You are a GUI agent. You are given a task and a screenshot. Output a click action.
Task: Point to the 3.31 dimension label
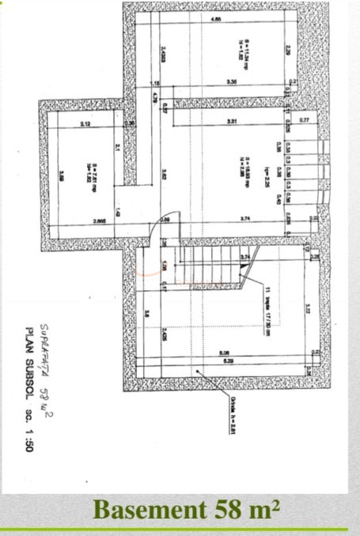click(x=232, y=121)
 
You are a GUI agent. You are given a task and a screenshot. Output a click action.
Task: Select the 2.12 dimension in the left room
click(x=85, y=125)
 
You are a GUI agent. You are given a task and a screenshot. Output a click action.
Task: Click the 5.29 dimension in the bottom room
click(x=229, y=361)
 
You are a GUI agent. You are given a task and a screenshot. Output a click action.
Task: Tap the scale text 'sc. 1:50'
click(x=29, y=435)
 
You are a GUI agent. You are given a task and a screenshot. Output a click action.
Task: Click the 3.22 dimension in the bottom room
click(x=307, y=311)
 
